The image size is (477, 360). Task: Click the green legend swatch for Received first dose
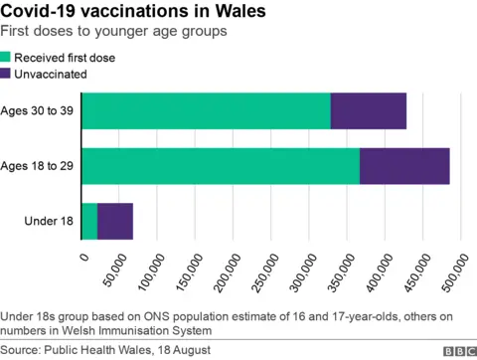pos(7,58)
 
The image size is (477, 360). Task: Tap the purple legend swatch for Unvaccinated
pos(7,74)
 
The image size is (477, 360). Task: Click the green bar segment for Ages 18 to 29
pos(221,165)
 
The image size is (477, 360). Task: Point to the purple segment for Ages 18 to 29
pos(404,165)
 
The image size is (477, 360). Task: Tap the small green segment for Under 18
pos(89,220)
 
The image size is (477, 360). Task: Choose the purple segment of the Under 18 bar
pos(115,220)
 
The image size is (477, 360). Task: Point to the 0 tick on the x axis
pos(83,258)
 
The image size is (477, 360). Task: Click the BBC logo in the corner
pos(457,351)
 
